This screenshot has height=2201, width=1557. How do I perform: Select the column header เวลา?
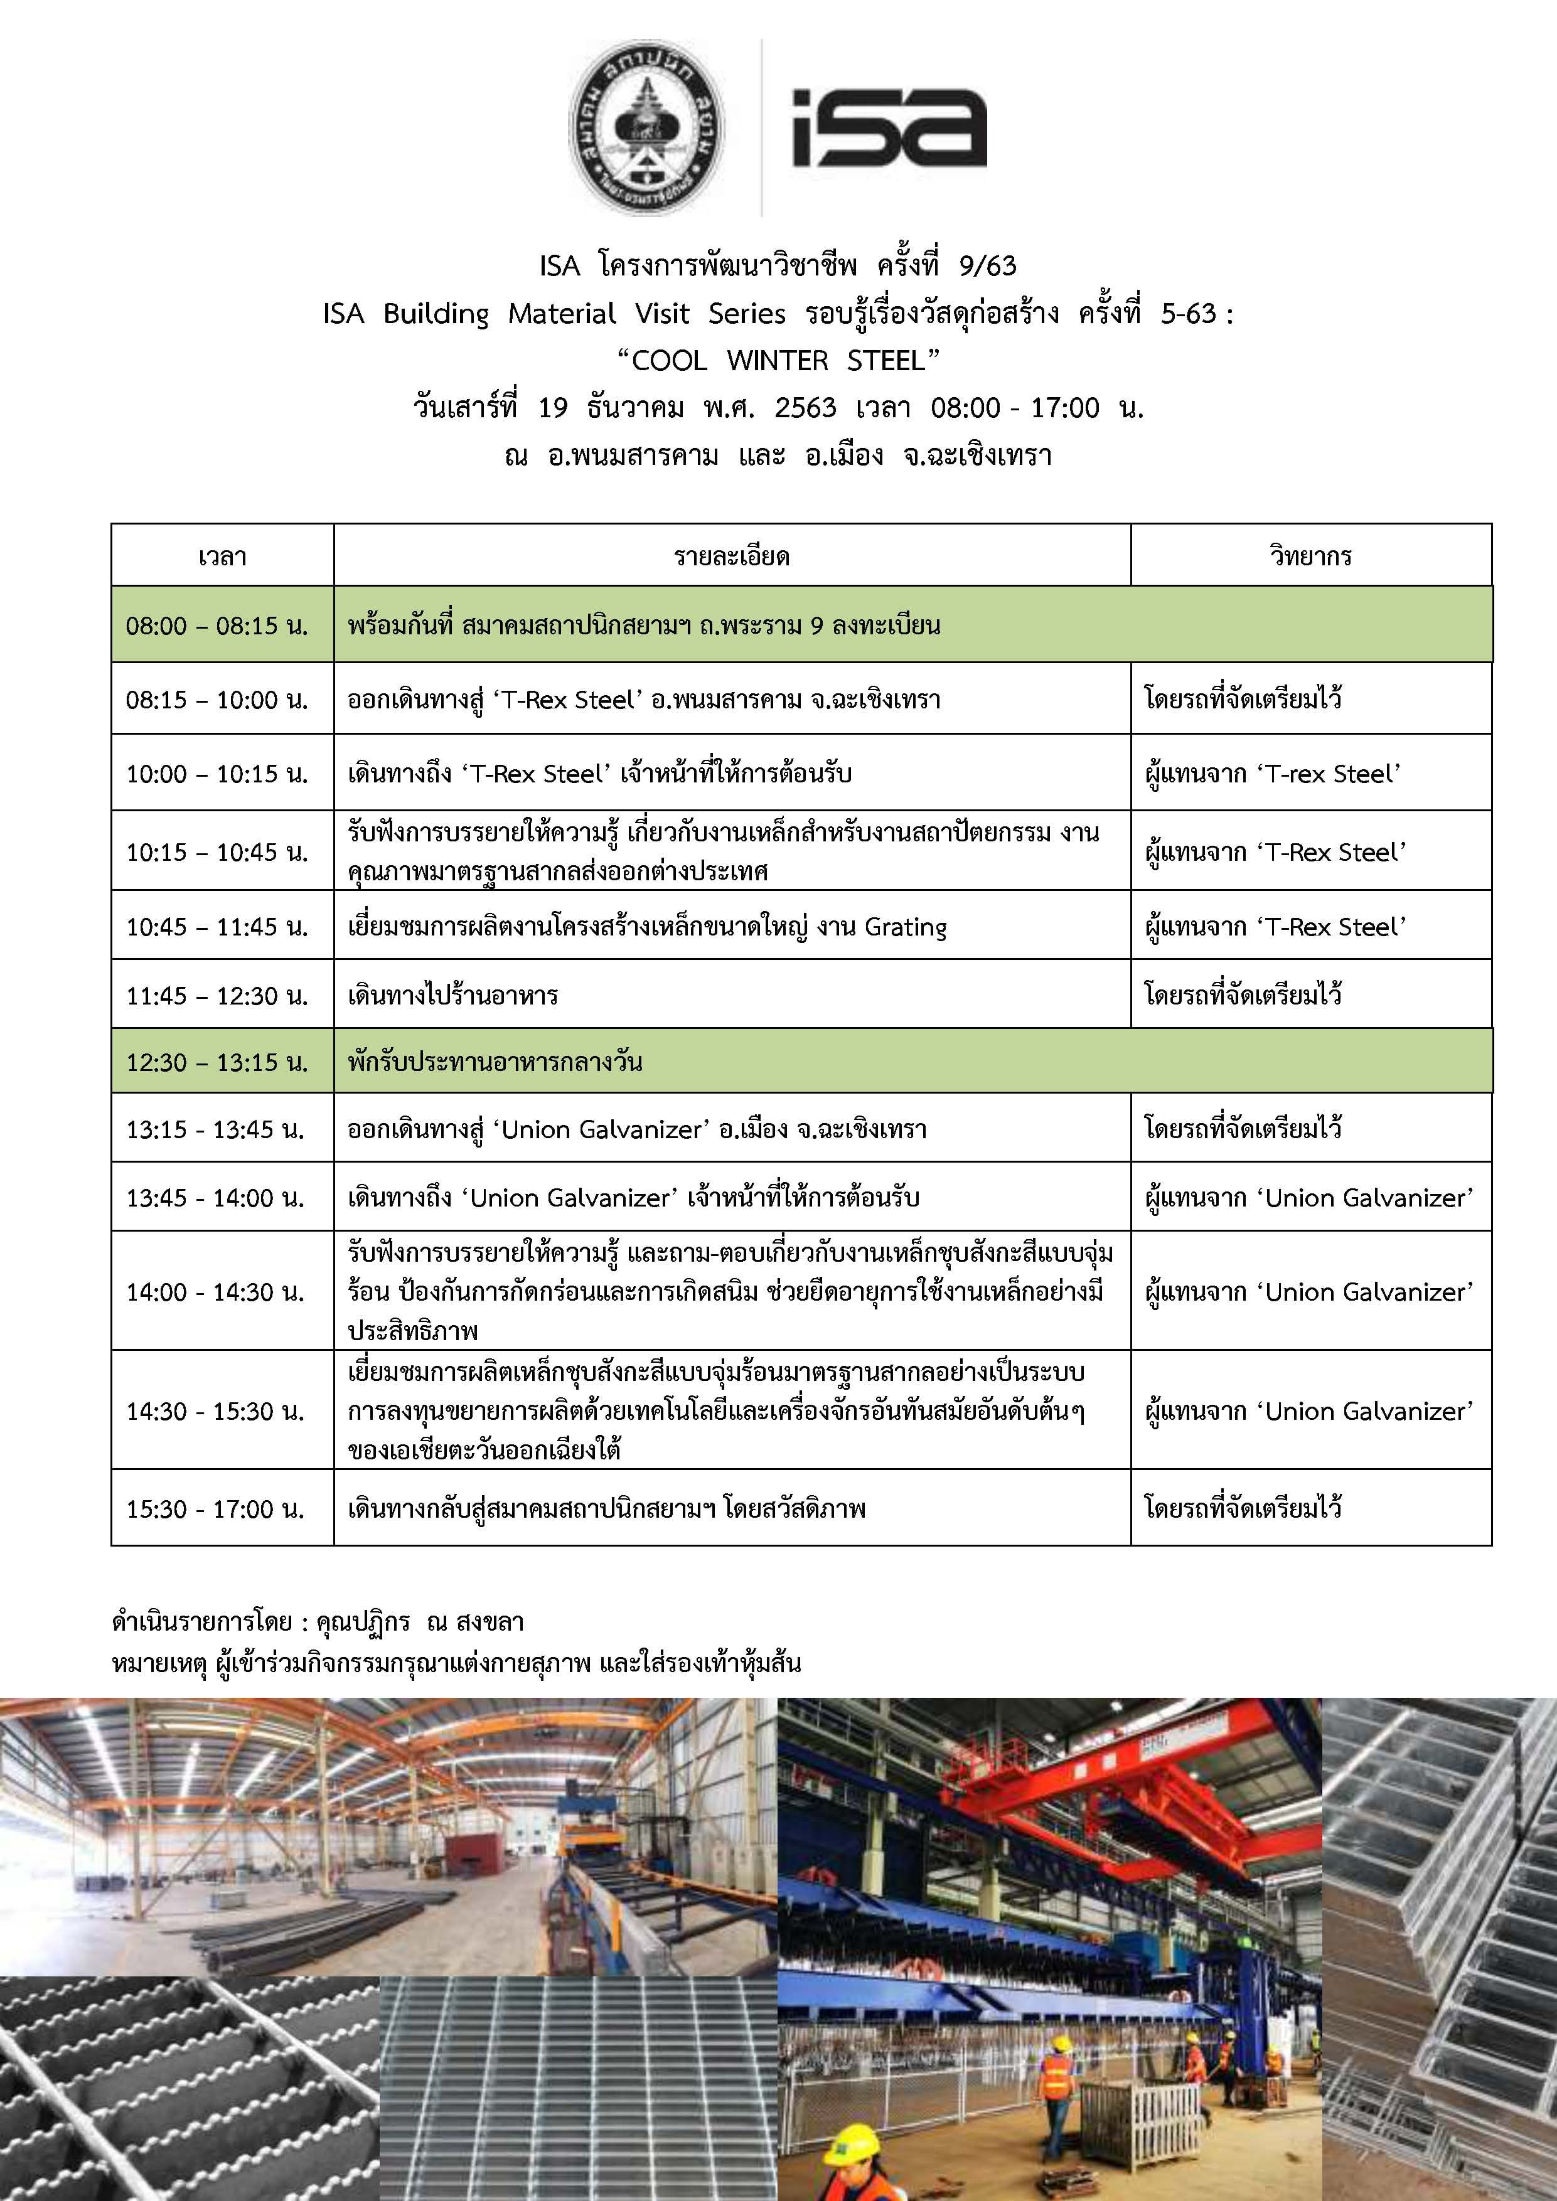[222, 556]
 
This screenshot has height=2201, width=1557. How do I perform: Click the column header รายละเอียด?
[732, 556]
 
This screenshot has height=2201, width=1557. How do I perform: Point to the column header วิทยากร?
[1310, 556]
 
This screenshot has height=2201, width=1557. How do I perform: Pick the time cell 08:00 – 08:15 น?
[217, 626]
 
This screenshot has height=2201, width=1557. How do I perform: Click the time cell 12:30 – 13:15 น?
[217, 1062]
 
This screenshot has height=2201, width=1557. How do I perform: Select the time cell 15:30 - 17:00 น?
[215, 1509]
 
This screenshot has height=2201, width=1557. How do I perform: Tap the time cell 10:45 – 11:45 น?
[217, 927]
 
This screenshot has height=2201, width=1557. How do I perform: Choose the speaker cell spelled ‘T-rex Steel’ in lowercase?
[1272, 774]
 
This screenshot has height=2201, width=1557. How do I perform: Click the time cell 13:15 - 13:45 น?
[215, 1129]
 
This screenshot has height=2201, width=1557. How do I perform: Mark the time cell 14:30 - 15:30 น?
[215, 1411]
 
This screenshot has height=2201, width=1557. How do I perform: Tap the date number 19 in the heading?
[553, 408]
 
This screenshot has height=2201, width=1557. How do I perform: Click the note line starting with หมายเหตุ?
[456, 1663]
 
